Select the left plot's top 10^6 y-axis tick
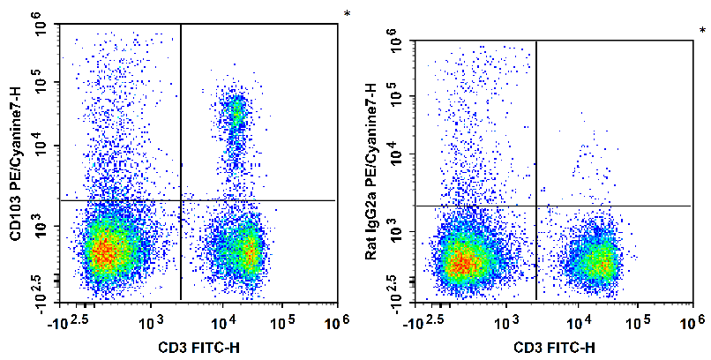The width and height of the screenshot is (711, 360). pos(41,28)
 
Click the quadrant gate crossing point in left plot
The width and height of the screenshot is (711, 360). pos(181,200)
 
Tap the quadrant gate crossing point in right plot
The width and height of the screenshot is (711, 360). pos(536,206)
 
